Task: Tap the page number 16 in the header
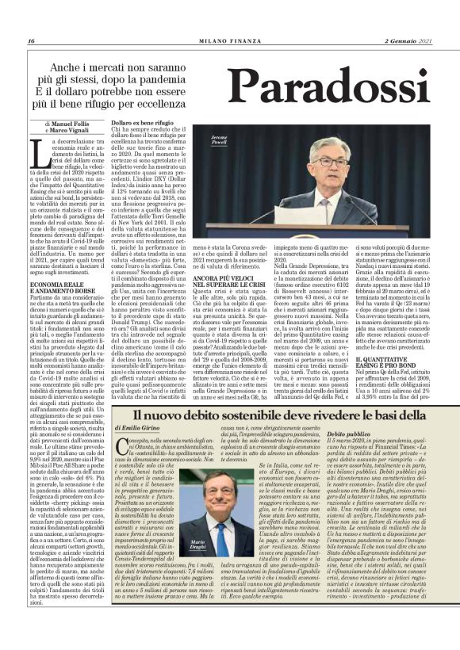31,41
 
